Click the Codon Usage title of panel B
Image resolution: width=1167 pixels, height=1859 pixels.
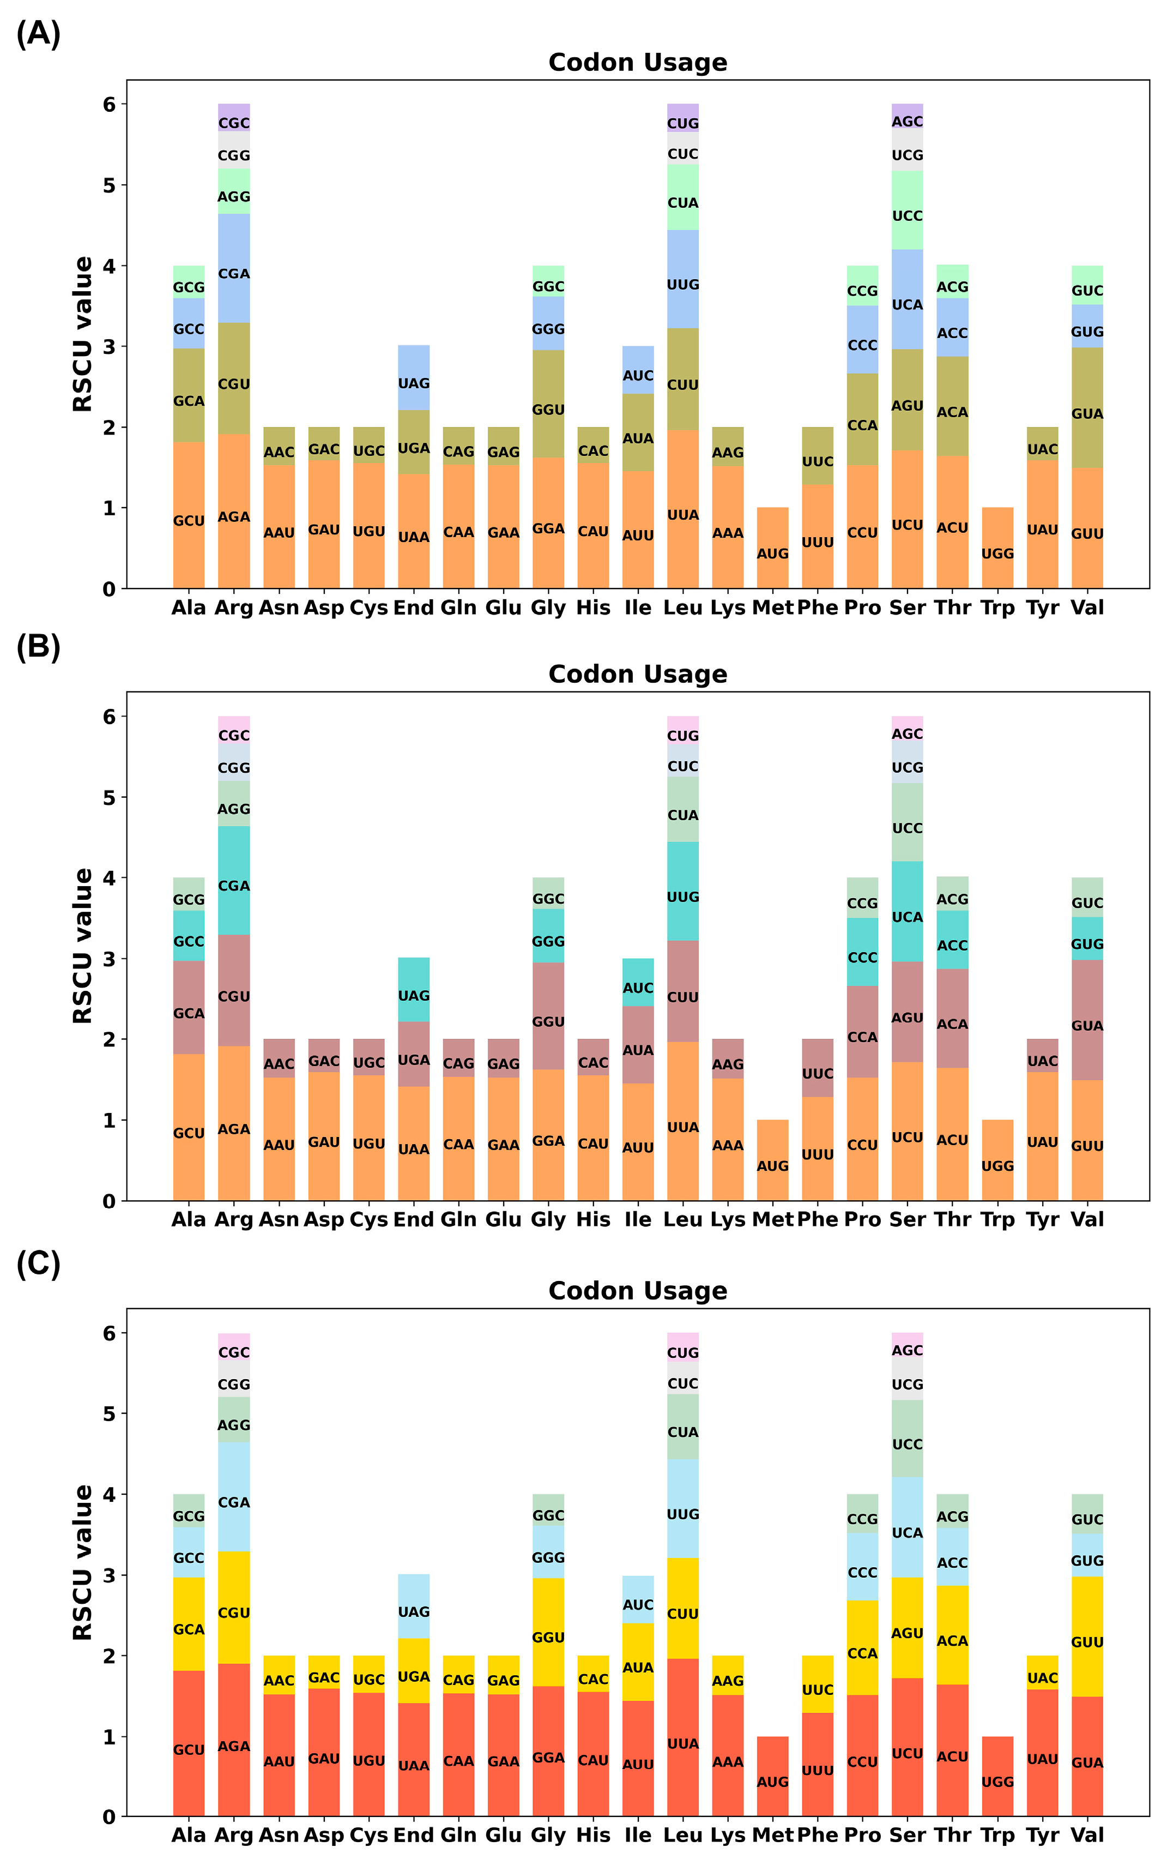click(x=638, y=674)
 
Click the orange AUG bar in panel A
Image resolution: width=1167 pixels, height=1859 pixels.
click(x=772, y=548)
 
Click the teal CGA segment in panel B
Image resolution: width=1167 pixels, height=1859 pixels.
click(x=234, y=880)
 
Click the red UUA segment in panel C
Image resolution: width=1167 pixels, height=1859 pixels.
click(x=683, y=1737)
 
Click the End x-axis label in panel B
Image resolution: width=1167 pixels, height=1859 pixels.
click(x=414, y=1220)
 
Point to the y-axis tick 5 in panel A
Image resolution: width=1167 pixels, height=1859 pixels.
click(x=109, y=185)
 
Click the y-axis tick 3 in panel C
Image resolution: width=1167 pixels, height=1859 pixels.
click(x=109, y=1575)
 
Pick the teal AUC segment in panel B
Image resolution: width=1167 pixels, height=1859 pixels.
click(x=638, y=982)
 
